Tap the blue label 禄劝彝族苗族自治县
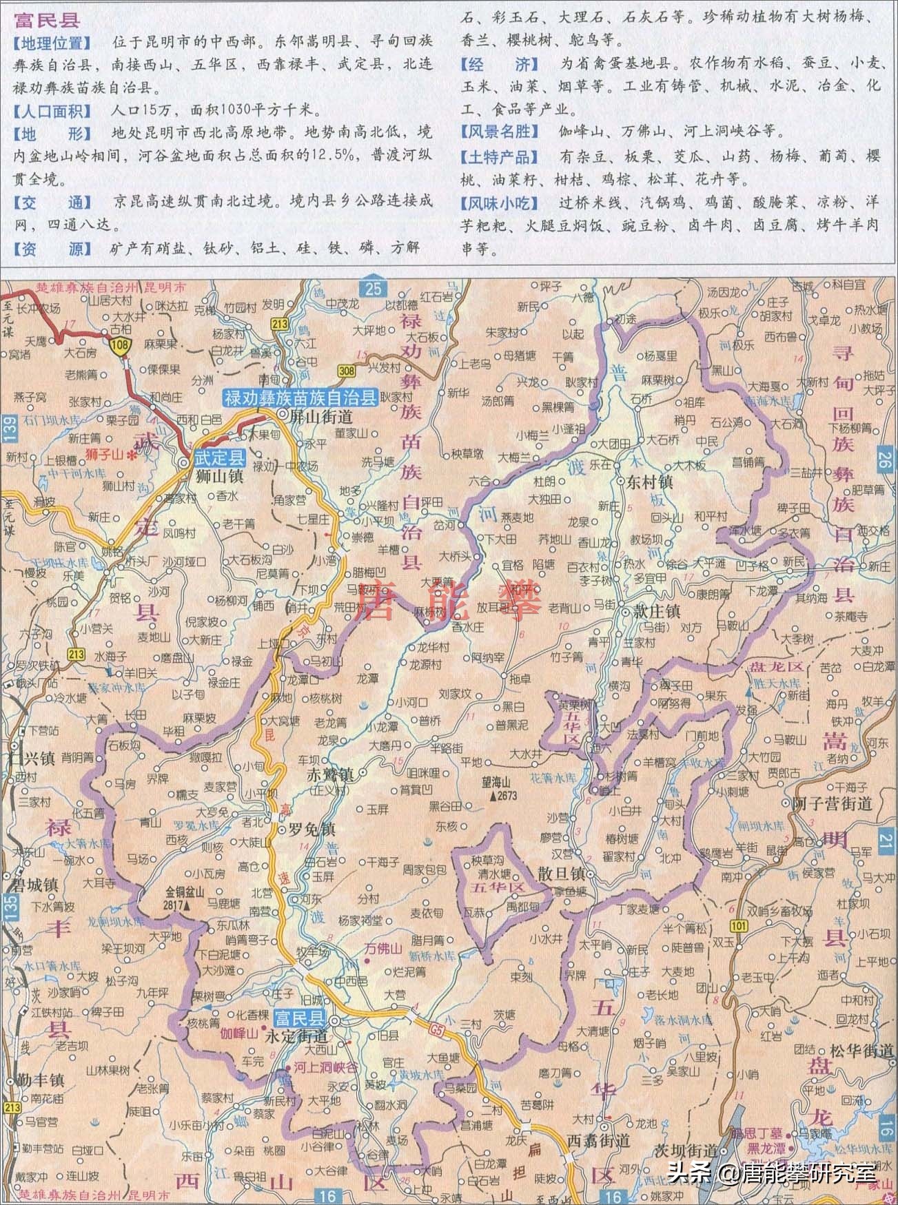(300, 397)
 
